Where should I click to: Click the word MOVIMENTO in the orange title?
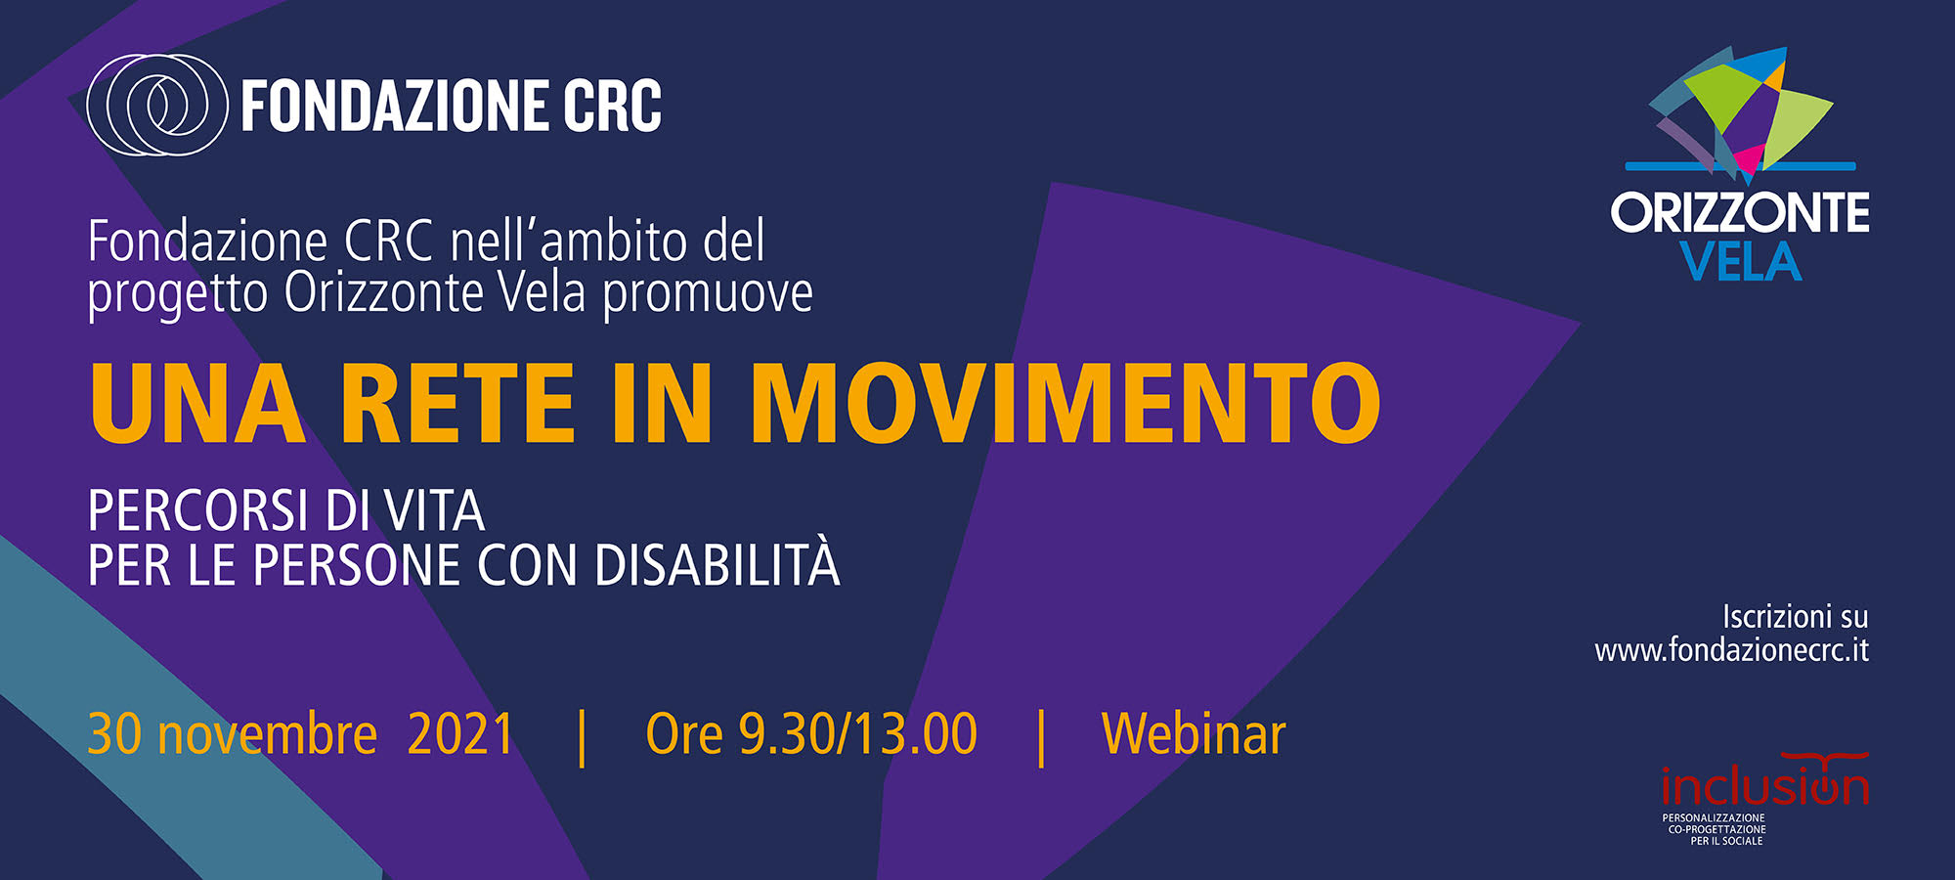point(1065,403)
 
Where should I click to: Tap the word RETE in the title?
point(457,403)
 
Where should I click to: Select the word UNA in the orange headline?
point(197,403)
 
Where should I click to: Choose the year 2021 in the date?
point(460,734)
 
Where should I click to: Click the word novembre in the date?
point(267,736)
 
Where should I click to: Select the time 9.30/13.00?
point(857,734)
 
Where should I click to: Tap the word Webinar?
point(1194,734)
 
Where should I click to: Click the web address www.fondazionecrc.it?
point(1731,650)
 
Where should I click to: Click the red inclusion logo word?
point(1765,785)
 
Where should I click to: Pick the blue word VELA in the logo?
point(1740,262)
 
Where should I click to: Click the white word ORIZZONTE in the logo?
point(1740,212)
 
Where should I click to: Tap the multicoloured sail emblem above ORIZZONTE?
point(1740,114)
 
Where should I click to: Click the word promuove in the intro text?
point(708,294)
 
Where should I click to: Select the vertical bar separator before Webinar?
point(1041,738)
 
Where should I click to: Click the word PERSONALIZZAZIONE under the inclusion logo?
point(1714,818)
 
